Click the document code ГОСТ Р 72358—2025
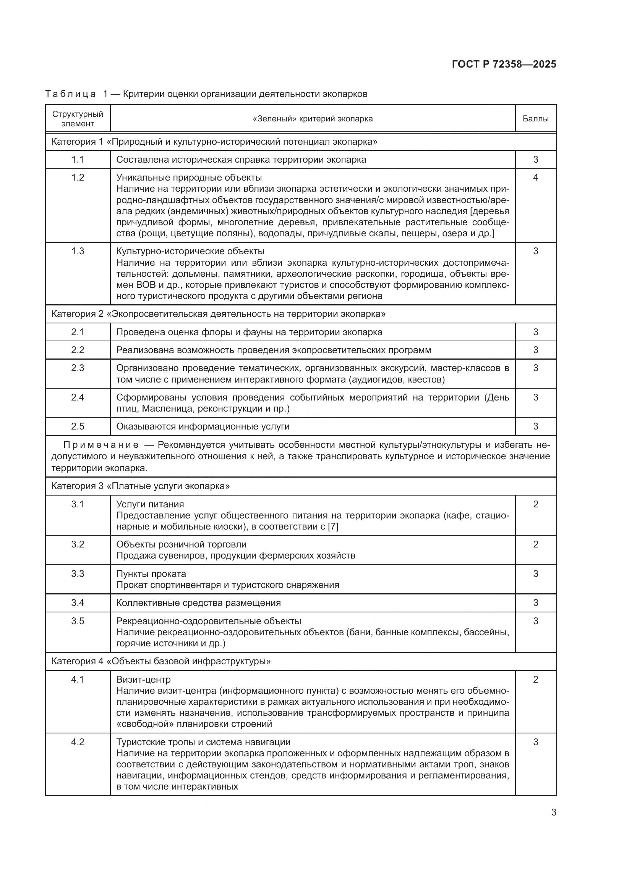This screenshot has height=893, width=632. (x=504, y=64)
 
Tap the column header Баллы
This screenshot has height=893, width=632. (x=535, y=119)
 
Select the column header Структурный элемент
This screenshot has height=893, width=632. (x=78, y=119)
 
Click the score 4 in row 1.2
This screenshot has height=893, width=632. (x=535, y=178)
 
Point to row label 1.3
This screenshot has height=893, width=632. (x=78, y=251)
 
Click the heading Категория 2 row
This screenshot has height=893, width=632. (x=218, y=314)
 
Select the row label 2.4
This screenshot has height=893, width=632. (x=78, y=397)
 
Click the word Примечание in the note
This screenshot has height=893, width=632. (x=101, y=444)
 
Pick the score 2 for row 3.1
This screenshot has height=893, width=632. (x=535, y=504)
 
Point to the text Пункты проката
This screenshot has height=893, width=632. (x=151, y=574)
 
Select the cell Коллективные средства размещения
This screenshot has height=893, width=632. (x=198, y=603)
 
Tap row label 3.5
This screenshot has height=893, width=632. (x=78, y=621)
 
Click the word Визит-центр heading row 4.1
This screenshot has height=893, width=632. (x=143, y=680)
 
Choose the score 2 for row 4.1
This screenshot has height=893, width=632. (x=535, y=680)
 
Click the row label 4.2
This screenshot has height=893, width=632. (x=78, y=742)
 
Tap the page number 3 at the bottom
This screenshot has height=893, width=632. (x=553, y=812)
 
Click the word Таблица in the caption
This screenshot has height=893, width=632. (x=70, y=94)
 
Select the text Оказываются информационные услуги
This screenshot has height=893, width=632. (x=203, y=426)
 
